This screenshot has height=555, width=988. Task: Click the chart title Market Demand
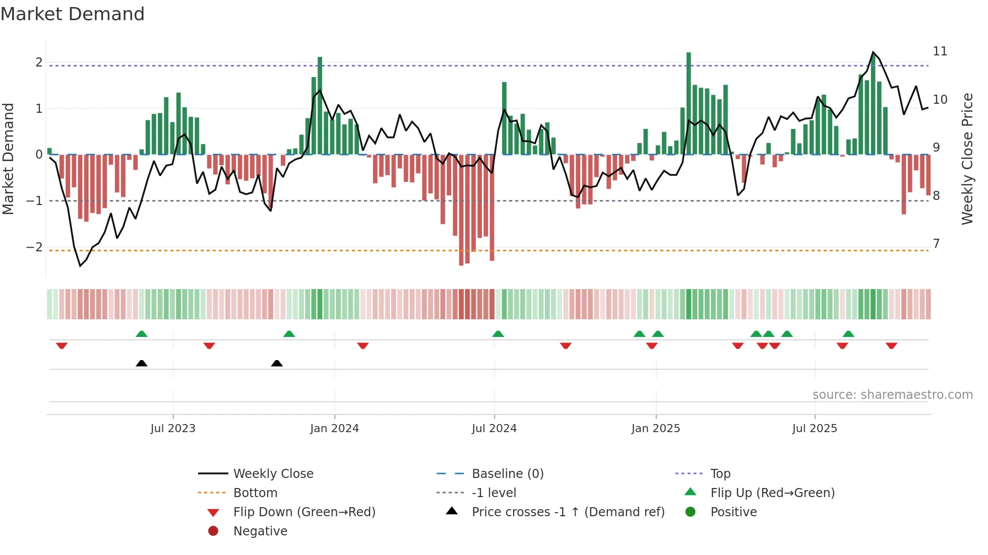click(x=73, y=14)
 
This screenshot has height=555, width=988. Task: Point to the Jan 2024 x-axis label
click(x=334, y=429)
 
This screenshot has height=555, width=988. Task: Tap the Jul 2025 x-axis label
click(x=814, y=429)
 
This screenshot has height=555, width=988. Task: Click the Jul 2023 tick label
click(x=173, y=429)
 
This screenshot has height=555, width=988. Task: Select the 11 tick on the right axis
click(x=940, y=51)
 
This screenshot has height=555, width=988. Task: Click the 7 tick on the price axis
click(x=936, y=244)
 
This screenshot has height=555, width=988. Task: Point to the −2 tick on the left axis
click(x=34, y=247)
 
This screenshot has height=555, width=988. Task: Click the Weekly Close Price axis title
click(x=967, y=159)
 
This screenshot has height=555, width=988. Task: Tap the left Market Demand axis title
click(x=9, y=159)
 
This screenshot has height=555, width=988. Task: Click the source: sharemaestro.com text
click(x=892, y=395)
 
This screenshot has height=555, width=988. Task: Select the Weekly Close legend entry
click(x=273, y=474)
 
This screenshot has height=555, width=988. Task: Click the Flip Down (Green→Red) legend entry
click(x=304, y=512)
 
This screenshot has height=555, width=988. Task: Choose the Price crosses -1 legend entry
click(x=568, y=512)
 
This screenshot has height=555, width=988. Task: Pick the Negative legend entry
click(x=260, y=531)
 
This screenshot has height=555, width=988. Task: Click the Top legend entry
click(x=720, y=474)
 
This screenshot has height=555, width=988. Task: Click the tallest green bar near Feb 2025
click(x=689, y=103)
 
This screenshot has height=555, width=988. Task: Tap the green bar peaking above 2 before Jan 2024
click(x=320, y=106)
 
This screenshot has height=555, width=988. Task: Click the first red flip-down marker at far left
click(x=61, y=345)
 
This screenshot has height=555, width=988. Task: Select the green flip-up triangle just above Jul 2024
click(x=498, y=334)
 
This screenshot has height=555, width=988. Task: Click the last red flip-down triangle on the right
click(x=891, y=345)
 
